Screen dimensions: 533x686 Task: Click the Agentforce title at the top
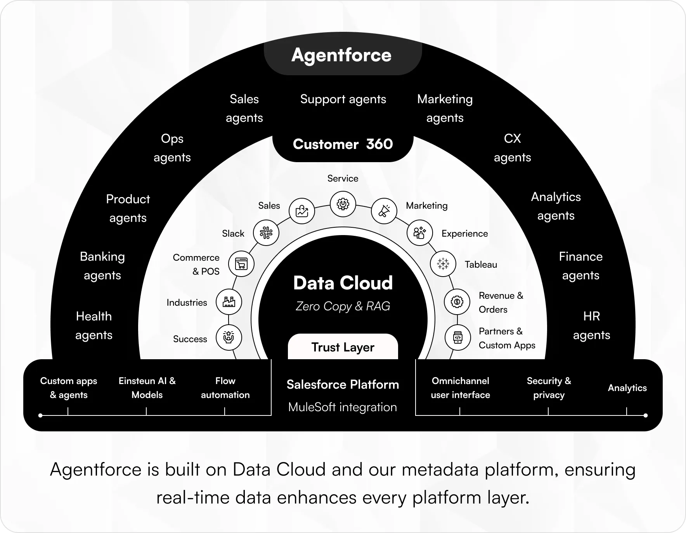tap(341, 55)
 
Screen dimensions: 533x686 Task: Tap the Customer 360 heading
tap(343, 144)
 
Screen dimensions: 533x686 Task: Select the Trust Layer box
tap(343, 347)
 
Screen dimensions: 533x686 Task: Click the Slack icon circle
tap(266, 233)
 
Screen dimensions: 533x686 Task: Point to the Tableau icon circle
tap(443, 264)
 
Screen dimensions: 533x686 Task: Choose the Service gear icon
tap(343, 204)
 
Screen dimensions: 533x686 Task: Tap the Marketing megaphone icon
tap(384, 211)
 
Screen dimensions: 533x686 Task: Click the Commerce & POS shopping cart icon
tap(241, 264)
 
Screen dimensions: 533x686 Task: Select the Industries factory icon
tap(229, 302)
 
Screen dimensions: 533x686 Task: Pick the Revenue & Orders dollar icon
tap(457, 301)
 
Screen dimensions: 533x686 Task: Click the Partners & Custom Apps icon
tap(458, 337)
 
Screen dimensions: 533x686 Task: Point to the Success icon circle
tap(229, 337)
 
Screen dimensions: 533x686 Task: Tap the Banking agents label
tap(102, 266)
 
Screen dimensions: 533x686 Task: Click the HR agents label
tap(591, 325)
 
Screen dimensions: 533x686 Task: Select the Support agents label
tap(343, 99)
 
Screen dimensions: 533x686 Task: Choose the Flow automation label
tap(225, 388)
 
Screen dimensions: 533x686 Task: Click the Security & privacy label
tap(549, 388)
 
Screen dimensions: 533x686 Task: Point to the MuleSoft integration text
tap(343, 407)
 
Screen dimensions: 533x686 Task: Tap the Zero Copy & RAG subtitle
tap(343, 306)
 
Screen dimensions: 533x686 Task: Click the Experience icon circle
tap(419, 233)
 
